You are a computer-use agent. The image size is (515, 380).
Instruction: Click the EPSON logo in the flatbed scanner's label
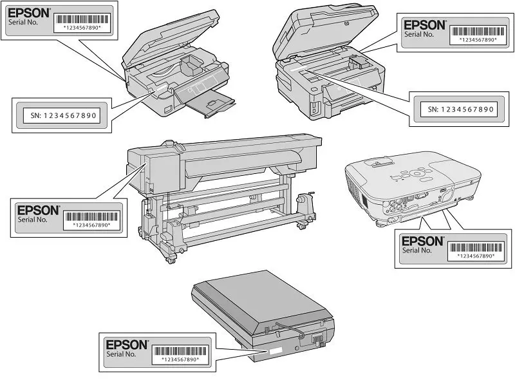point(126,345)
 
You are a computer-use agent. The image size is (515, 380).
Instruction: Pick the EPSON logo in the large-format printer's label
point(38,210)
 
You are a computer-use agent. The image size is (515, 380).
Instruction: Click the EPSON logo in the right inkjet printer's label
point(424,25)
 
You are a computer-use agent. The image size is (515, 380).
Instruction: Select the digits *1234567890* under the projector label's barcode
point(475,256)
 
